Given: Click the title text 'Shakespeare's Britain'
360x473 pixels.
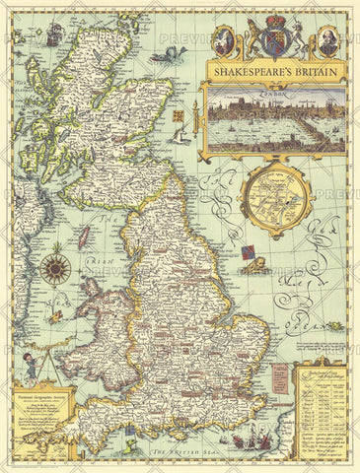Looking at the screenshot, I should [x=273, y=71].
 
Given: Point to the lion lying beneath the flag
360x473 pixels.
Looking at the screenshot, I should [x=253, y=267].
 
